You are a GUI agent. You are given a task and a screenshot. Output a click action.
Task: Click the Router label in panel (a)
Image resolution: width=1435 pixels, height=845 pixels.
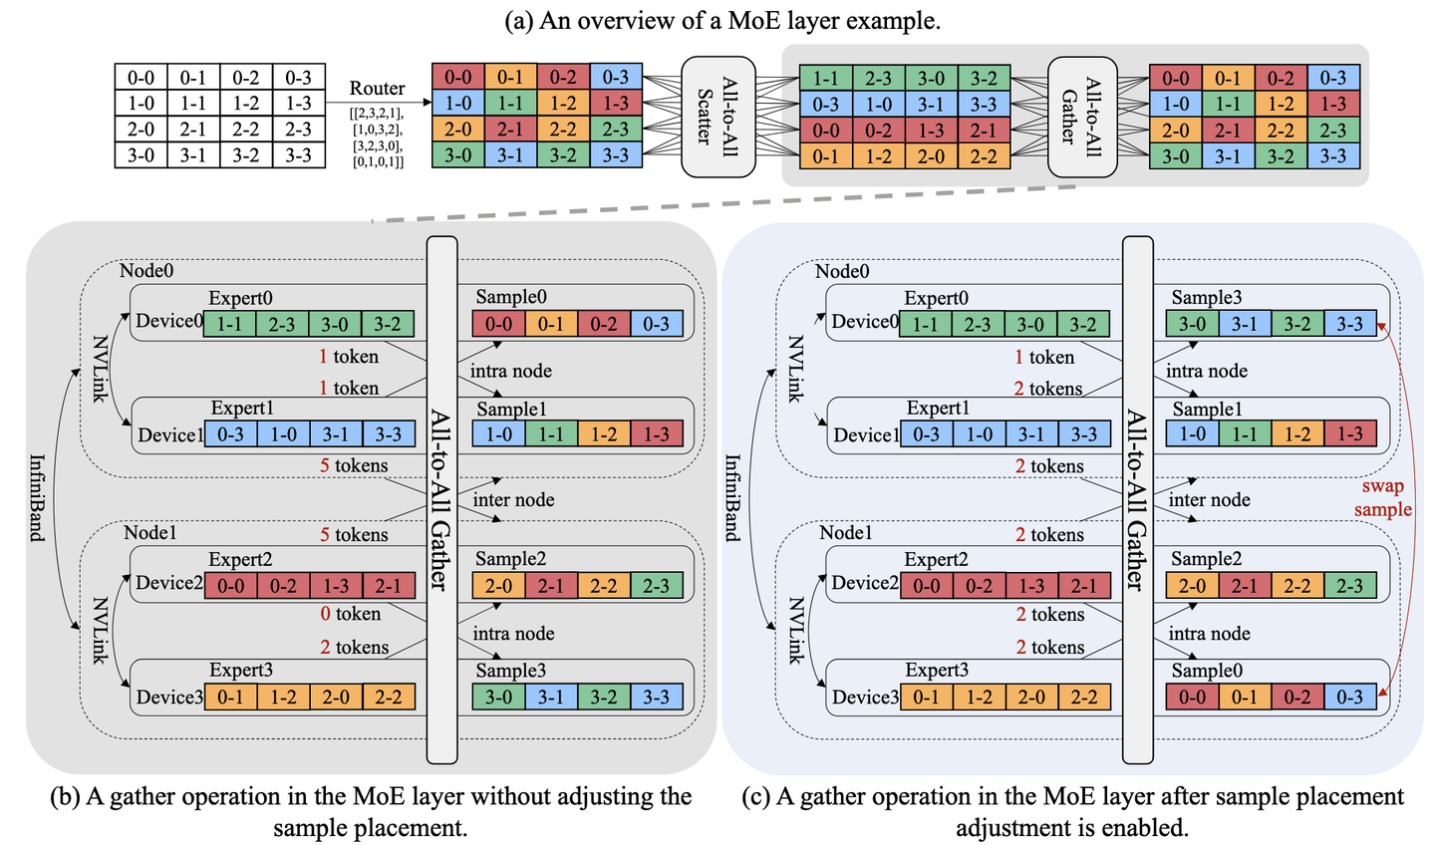377,89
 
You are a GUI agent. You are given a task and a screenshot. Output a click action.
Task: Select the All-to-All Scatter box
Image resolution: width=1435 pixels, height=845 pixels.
716,116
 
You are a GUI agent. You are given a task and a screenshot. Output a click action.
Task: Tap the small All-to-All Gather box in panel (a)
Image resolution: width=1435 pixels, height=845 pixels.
1081,116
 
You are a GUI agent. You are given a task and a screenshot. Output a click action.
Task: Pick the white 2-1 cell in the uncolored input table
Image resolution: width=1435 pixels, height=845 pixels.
193,130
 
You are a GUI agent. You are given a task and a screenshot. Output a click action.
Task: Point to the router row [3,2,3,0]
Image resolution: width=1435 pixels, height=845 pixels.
377,145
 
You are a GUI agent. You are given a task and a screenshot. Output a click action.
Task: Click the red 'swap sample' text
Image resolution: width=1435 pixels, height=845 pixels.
1382,498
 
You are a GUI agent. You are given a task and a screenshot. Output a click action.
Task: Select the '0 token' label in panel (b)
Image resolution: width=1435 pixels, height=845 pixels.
350,614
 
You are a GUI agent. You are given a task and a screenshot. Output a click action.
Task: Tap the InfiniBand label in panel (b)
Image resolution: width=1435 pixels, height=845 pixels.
37,497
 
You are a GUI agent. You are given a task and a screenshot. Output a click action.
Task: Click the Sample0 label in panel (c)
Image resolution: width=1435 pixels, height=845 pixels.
1206,671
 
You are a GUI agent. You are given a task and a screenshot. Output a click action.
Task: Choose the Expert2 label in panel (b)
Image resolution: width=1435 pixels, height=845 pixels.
240,560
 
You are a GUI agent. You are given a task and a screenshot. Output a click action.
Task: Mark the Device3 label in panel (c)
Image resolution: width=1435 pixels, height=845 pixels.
865,697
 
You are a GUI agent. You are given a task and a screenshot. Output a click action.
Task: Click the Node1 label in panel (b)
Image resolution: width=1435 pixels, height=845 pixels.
150,533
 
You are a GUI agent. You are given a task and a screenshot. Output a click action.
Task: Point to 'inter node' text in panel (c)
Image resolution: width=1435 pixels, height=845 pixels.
1209,500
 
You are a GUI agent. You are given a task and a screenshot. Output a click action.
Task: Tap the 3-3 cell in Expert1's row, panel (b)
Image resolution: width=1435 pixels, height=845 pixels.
388,434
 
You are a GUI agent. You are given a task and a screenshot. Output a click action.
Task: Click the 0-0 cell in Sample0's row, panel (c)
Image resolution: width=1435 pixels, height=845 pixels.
1192,697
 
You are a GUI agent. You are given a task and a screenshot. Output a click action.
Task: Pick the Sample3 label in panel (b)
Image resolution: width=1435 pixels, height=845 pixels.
510,671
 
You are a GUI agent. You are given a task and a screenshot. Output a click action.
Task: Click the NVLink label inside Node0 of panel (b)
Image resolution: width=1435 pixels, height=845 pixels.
100,369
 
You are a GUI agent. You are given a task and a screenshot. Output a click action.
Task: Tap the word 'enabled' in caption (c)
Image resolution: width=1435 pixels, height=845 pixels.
1144,828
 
